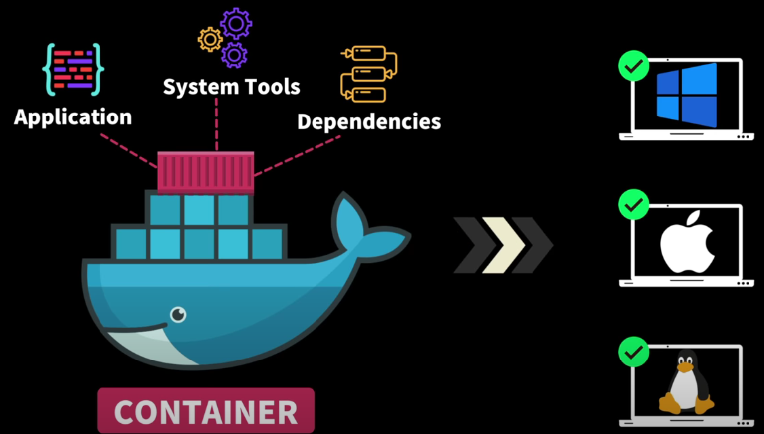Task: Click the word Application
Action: click(73, 117)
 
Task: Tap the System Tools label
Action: click(231, 87)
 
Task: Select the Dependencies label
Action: click(369, 122)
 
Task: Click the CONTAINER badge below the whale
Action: click(206, 411)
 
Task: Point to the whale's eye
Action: click(178, 314)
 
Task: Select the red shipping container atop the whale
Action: click(206, 173)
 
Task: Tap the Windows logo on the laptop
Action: click(686, 95)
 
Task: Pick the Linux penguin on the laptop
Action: click(687, 384)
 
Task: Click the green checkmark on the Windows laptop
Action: click(634, 66)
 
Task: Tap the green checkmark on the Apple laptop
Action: click(634, 204)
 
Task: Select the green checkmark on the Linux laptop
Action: click(634, 352)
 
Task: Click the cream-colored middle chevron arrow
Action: click(503, 245)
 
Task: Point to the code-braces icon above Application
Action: click(73, 69)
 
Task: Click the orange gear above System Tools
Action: click(210, 39)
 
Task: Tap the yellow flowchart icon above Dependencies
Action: click(368, 74)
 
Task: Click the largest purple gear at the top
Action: click(235, 24)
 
